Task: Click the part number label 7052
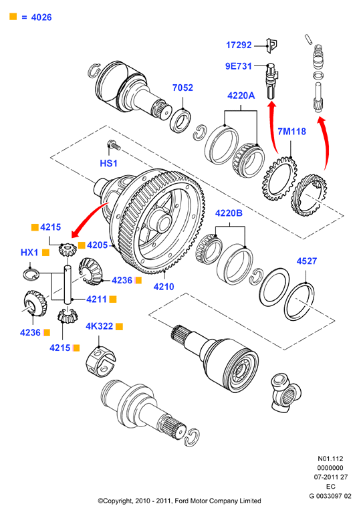[x=183, y=88]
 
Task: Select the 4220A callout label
[x=241, y=96]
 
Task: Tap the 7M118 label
[x=291, y=132]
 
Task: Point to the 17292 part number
[x=239, y=45]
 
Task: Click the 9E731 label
[x=239, y=66]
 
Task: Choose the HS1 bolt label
[x=108, y=163]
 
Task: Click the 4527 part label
[x=307, y=261]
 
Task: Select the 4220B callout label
[x=229, y=213]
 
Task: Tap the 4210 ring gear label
[x=164, y=287]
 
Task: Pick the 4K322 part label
[x=99, y=326]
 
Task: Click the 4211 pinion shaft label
[x=96, y=299]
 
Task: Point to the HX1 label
[x=29, y=253]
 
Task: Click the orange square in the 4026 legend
[x=13, y=17]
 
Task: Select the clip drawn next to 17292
[x=271, y=45]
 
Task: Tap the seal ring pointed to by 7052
[x=180, y=120]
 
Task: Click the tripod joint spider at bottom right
[x=285, y=392]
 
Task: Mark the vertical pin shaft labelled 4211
[x=68, y=284]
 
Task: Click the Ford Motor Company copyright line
[x=179, y=501]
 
